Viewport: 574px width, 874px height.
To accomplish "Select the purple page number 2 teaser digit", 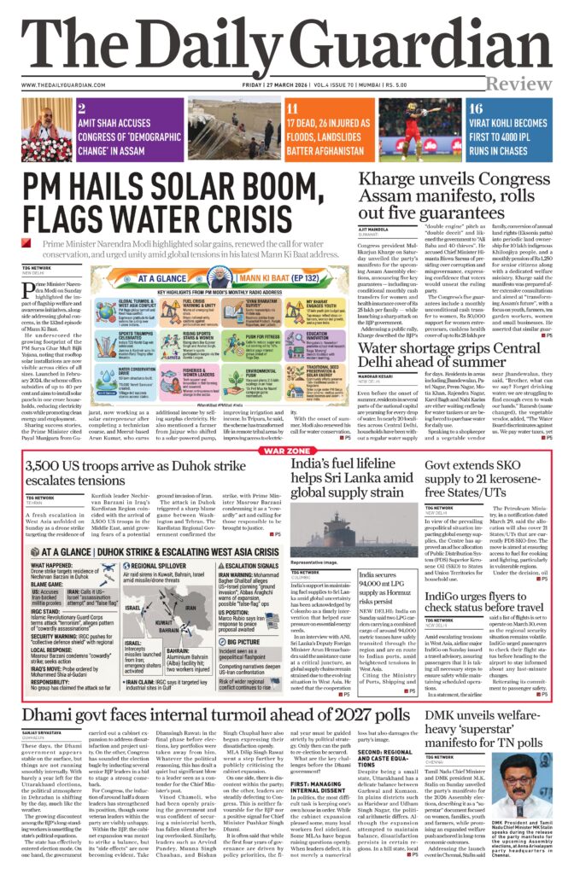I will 80,108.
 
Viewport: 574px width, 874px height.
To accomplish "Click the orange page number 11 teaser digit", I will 292,108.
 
